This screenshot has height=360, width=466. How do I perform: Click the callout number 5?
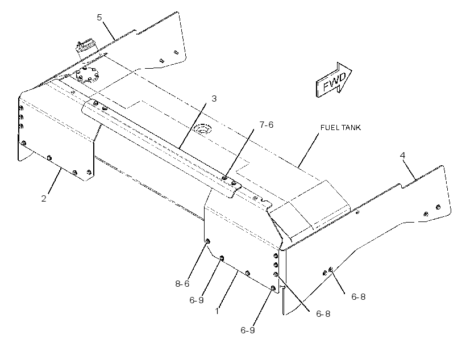[x=99, y=18]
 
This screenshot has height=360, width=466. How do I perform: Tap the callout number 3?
[x=214, y=99]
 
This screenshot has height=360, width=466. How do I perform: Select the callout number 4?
[x=403, y=156]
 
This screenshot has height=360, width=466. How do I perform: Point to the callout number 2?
[x=44, y=199]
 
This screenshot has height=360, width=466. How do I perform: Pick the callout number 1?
[x=217, y=311]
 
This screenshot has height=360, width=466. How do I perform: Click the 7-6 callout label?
[x=267, y=125]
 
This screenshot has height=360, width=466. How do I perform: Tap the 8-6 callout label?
[x=182, y=284]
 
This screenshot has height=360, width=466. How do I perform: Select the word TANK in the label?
[x=351, y=127]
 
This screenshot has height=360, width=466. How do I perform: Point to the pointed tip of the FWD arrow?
[x=352, y=70]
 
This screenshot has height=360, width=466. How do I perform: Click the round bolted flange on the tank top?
[x=86, y=75]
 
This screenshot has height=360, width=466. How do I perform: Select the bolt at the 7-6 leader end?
[x=224, y=178]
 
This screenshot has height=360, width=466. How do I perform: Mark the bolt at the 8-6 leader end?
[x=208, y=241]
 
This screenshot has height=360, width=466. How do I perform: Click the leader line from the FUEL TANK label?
[x=308, y=150]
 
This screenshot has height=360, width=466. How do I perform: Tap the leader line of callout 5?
[x=109, y=31]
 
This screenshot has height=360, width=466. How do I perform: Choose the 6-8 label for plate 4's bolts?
[x=359, y=297]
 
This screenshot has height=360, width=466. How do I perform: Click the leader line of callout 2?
[x=54, y=181]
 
